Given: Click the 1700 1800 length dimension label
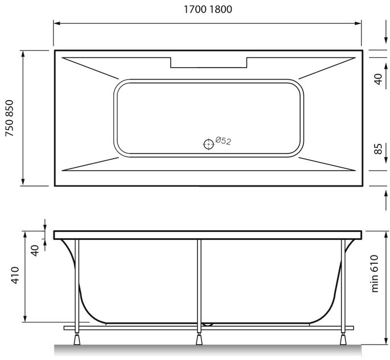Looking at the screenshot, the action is click(208, 10).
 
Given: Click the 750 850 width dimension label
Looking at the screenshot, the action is click(10, 118).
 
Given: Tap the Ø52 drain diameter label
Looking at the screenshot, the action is click(223, 140).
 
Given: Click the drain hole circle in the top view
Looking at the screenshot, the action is click(208, 144).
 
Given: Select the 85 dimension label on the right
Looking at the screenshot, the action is click(378, 149).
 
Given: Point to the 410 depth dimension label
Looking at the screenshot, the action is click(15, 275).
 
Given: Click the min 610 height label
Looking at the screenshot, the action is click(374, 274).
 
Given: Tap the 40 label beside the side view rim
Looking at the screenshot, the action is click(35, 251).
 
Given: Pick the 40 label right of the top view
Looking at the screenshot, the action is click(378, 79).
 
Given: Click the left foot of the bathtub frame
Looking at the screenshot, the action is click(77, 339).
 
